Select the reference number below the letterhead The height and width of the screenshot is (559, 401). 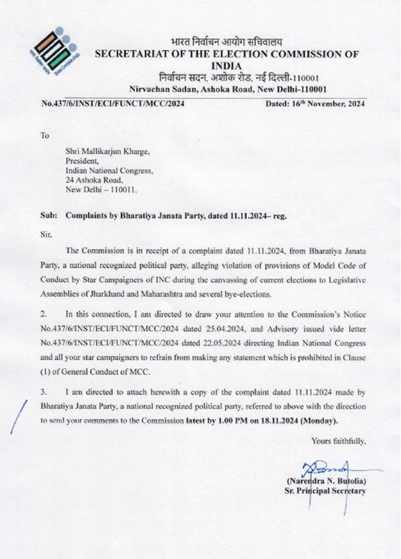click(x=113, y=104)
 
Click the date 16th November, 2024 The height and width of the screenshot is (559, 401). click(x=315, y=104)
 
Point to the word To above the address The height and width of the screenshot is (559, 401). click(x=45, y=136)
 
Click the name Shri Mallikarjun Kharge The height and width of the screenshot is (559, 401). click(x=107, y=152)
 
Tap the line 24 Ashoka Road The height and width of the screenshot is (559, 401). click(x=94, y=180)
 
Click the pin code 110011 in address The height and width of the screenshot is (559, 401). click(x=125, y=190)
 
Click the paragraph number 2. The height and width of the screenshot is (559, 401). click(x=43, y=314)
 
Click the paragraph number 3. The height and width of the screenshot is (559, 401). click(x=43, y=392)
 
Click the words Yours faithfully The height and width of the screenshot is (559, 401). click(x=339, y=441)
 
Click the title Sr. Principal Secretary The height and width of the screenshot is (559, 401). click(x=325, y=491)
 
